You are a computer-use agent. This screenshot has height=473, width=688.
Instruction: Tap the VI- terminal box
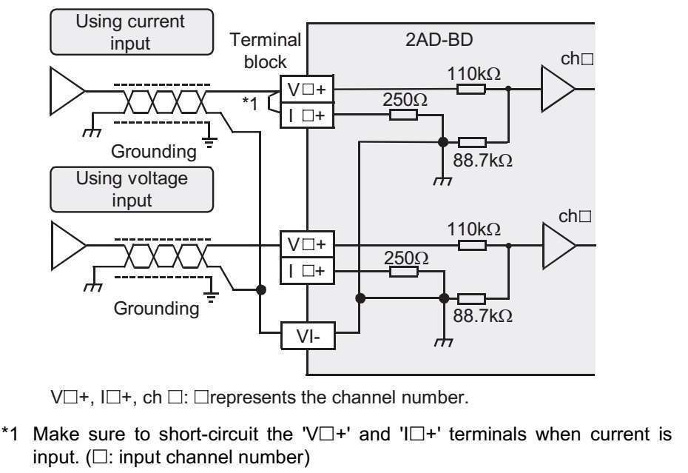pyautogui.click(x=306, y=337)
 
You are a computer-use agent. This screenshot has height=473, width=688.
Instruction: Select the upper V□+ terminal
pyautogui.click(x=306, y=90)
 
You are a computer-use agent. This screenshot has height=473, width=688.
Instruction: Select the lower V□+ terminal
pyautogui.click(x=306, y=244)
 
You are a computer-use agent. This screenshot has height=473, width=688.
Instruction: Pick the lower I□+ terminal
pyautogui.click(x=306, y=272)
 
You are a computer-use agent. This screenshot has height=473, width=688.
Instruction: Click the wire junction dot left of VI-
pyautogui.click(x=260, y=290)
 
